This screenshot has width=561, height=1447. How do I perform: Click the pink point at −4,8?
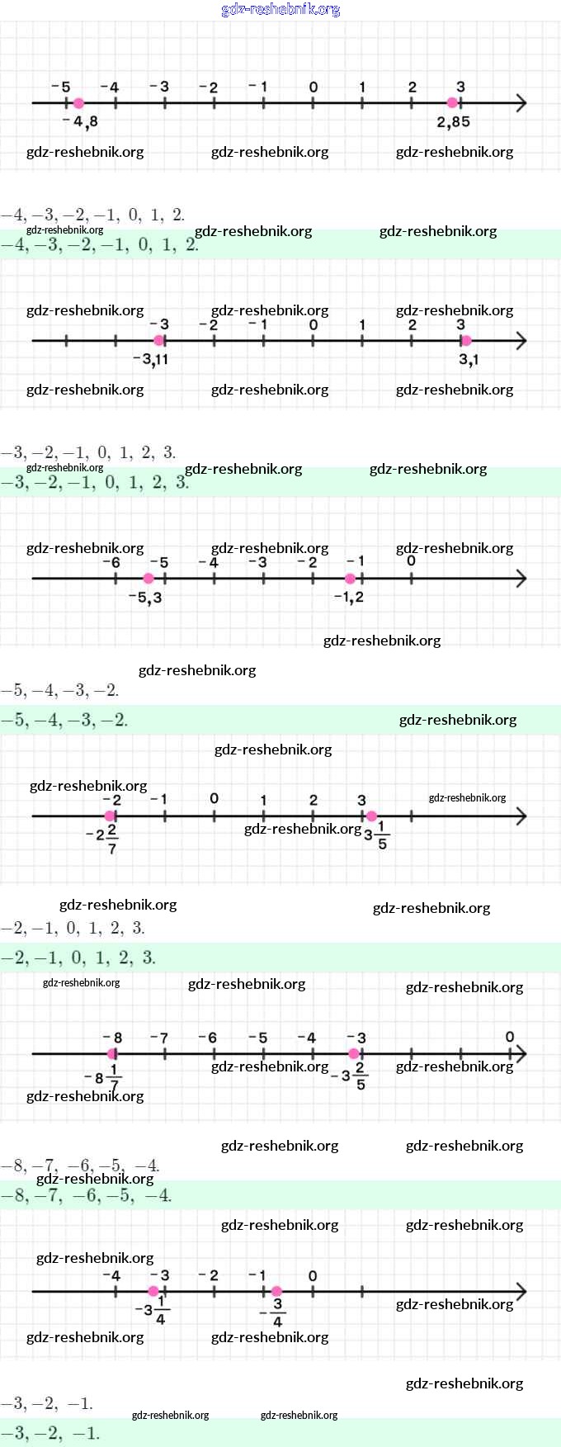(78, 103)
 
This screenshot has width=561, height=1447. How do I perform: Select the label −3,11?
(150, 359)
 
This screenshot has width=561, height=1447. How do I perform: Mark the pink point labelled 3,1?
(466, 341)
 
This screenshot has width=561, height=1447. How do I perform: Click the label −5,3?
(145, 597)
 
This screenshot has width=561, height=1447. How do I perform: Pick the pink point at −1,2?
(351, 579)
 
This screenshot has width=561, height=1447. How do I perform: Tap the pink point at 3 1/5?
(372, 816)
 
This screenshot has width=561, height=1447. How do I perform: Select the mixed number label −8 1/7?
(103, 1077)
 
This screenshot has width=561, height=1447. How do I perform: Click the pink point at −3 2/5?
(354, 1054)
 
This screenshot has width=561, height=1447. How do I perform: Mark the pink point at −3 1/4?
(153, 1291)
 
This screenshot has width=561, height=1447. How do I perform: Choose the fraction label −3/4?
(274, 1312)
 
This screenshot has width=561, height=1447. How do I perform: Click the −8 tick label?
(113, 1038)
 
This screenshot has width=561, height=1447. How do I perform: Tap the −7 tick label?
(159, 1038)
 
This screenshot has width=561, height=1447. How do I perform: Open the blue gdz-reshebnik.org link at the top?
(280, 9)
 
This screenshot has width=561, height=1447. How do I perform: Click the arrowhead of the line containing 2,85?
(521, 103)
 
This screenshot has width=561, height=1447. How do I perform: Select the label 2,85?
(453, 122)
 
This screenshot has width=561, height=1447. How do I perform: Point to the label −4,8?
(81, 121)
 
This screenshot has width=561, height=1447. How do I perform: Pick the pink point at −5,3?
(148, 579)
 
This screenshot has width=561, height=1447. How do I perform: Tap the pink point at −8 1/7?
(112, 1054)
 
